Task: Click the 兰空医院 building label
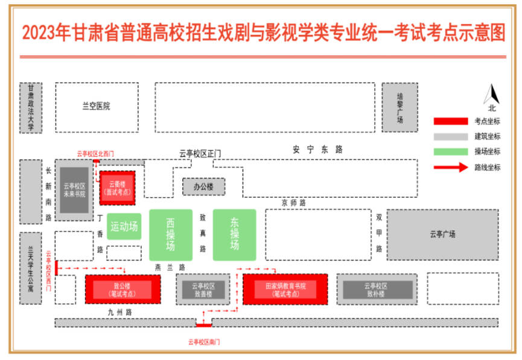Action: coord(97,106)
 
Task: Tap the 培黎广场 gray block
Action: coord(399,107)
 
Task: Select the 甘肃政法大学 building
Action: coord(31,107)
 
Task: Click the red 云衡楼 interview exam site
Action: coord(117,188)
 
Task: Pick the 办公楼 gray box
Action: coord(203,187)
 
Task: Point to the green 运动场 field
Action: coord(124,226)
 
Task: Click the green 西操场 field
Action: coord(171,235)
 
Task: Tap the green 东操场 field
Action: coord(234,235)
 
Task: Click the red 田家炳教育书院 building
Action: coord(285,289)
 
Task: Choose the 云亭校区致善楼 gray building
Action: coord(203,290)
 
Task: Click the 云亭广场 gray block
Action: coord(442,235)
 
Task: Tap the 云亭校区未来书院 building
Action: coord(74,190)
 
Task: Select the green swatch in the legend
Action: coord(450,152)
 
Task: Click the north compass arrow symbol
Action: coord(492,95)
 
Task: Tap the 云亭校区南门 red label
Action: coord(203,343)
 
